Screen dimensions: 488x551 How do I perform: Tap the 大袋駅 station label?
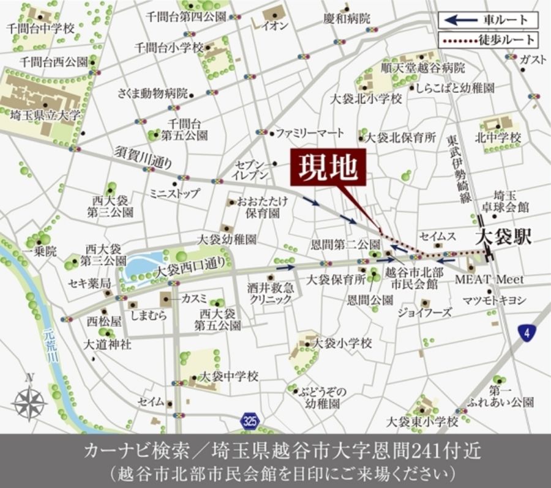coord(504,237)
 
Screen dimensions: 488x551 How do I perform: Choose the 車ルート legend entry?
coord(488,20)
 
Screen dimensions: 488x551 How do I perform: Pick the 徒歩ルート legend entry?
coord(488,41)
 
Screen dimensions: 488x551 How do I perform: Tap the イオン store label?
coord(275,26)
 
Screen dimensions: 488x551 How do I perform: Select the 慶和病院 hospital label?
coord(347,19)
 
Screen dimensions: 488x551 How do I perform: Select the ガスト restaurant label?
coord(532,59)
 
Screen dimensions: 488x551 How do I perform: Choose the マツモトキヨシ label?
coord(495,299)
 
